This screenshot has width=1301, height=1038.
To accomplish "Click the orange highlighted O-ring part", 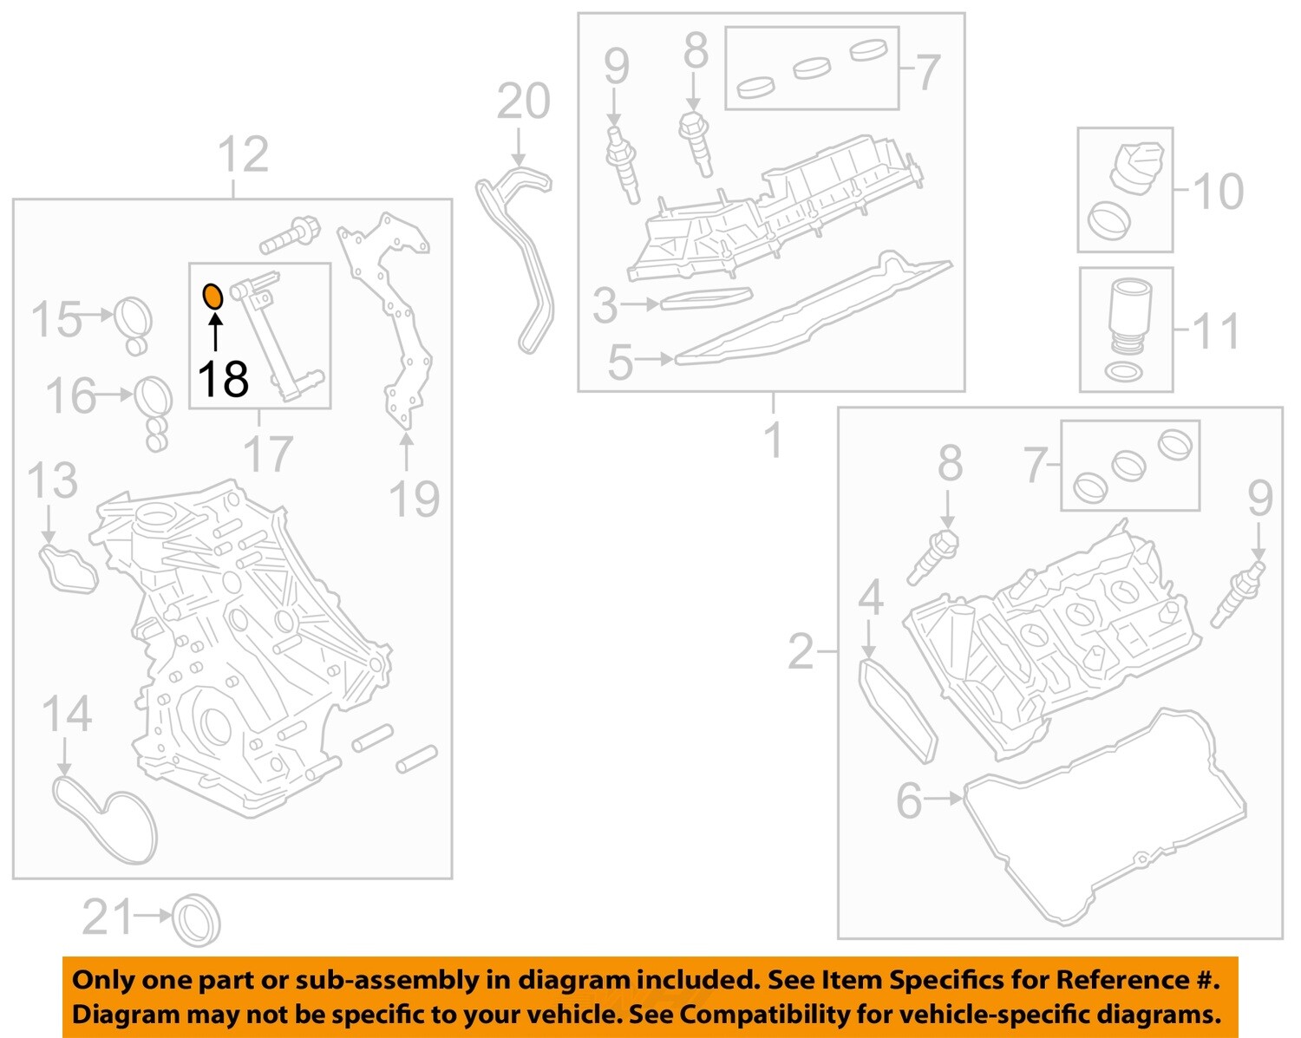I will [212, 297].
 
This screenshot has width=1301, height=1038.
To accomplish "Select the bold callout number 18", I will [223, 380].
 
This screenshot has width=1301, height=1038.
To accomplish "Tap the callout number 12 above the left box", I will [242, 156].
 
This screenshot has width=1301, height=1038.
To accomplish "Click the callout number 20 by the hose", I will [523, 102].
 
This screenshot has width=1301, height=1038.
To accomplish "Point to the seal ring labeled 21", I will [197, 919].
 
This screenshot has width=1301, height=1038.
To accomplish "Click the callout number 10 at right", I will [1218, 191].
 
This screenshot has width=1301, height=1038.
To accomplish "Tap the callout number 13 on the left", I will [52, 481].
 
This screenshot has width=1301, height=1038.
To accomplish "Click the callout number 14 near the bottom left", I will [67, 715].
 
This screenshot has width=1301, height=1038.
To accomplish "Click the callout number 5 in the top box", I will [620, 362].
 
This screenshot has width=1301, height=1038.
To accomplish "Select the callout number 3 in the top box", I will [605, 305].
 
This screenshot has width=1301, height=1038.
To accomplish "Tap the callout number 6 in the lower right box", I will [908, 800].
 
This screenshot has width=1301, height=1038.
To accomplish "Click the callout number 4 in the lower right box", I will [870, 598].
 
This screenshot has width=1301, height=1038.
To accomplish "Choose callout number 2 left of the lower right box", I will [801, 651].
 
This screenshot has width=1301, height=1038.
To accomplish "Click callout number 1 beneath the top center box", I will [773, 441].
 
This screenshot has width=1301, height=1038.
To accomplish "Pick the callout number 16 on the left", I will [70, 396].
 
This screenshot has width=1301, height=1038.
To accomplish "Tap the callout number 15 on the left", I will [56, 319].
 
